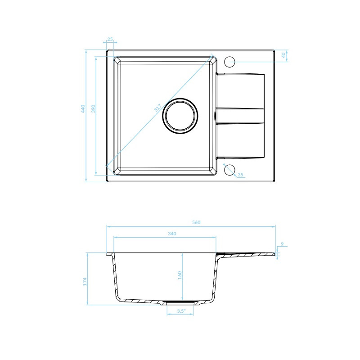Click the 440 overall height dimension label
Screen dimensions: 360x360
click(83, 108)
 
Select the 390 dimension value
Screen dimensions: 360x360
click(93, 108)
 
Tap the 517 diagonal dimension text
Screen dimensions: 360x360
click(157, 108)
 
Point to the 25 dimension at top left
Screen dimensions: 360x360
click(110, 39)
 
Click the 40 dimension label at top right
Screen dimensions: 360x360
click(283, 55)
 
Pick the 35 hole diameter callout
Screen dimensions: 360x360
click(240, 175)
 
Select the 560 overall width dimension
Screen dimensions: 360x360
click(196, 222)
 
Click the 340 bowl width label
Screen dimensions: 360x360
click(172, 234)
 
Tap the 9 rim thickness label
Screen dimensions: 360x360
click(282, 244)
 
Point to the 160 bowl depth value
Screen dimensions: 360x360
click(180, 275)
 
